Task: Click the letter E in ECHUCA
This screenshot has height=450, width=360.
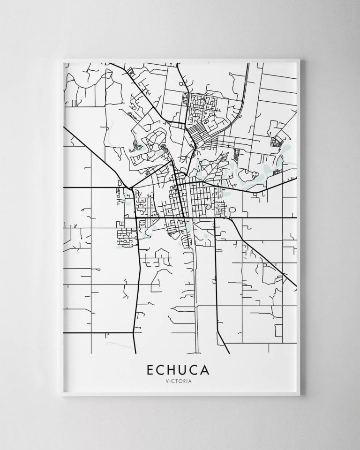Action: [x=150, y=369]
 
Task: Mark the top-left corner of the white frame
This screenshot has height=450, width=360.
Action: [x=62, y=59]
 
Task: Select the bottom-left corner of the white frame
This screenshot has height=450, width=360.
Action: [x=62, y=397]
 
